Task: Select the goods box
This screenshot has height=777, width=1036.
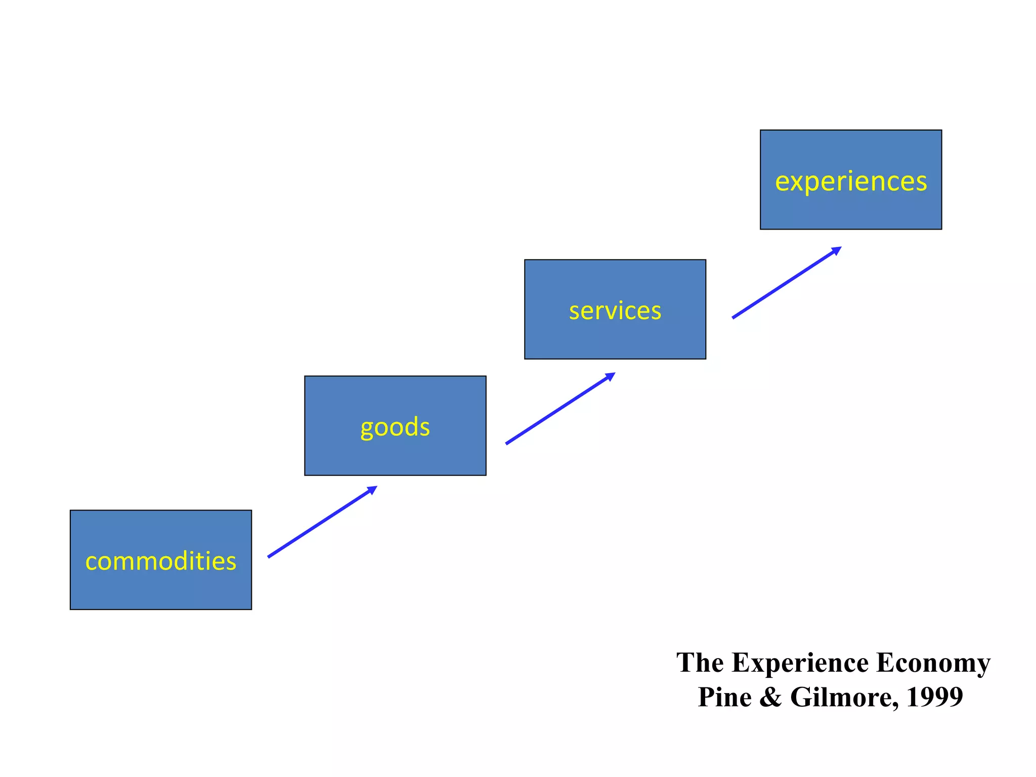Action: tap(395, 455)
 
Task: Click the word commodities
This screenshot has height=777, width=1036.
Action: tap(160, 561)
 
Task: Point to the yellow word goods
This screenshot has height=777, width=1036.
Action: tap(395, 427)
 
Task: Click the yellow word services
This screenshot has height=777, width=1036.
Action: tap(615, 311)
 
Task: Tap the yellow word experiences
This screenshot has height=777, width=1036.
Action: tap(850, 181)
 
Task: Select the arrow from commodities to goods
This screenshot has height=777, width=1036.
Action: tap(319, 524)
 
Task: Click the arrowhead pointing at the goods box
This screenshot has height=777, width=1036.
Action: tap(373, 489)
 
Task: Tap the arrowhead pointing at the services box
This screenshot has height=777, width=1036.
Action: tap(611, 376)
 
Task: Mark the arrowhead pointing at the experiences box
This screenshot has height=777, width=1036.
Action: tap(837, 250)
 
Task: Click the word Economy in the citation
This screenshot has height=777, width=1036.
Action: tap(933, 663)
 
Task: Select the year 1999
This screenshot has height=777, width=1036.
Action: tap(934, 697)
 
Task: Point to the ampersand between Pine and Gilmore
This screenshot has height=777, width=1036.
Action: tap(770, 697)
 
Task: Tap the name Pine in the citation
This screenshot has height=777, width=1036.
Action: tap(724, 697)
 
